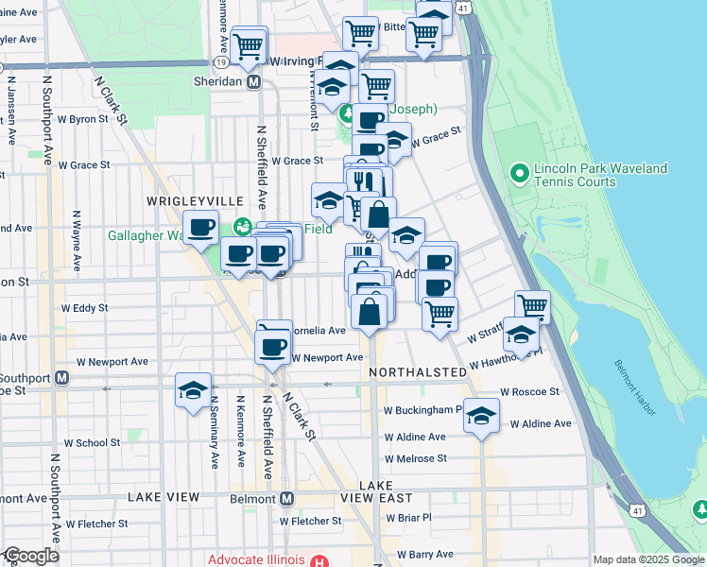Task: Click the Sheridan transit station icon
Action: pyautogui.click(x=253, y=82)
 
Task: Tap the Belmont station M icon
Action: pyautogui.click(x=287, y=498)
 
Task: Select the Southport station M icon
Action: pyautogui.click(x=61, y=378)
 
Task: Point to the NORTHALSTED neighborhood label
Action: pyautogui.click(x=418, y=372)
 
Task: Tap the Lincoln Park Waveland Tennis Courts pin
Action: pyautogui.click(x=519, y=174)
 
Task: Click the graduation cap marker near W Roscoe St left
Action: pyautogui.click(x=193, y=390)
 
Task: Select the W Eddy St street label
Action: pyautogui.click(x=84, y=308)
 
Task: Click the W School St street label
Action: pyautogui.click(x=92, y=442)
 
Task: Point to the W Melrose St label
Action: pyautogui.click(x=415, y=458)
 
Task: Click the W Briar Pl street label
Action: pyautogui.click(x=407, y=517)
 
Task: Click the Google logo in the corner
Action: pyautogui.click(x=31, y=556)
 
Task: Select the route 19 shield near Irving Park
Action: pyautogui.click(x=219, y=60)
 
